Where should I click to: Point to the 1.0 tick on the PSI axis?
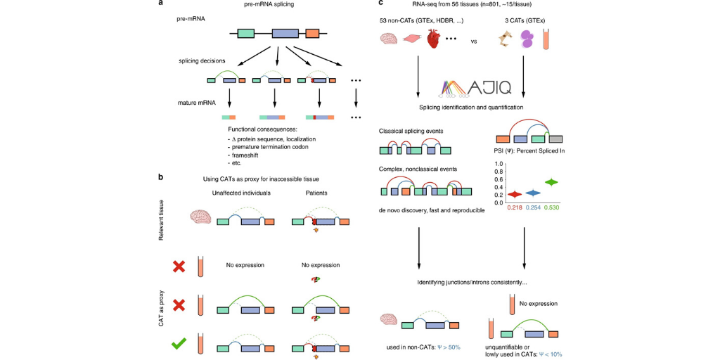click(499, 164)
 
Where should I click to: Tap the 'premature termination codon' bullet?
click(269, 148)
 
